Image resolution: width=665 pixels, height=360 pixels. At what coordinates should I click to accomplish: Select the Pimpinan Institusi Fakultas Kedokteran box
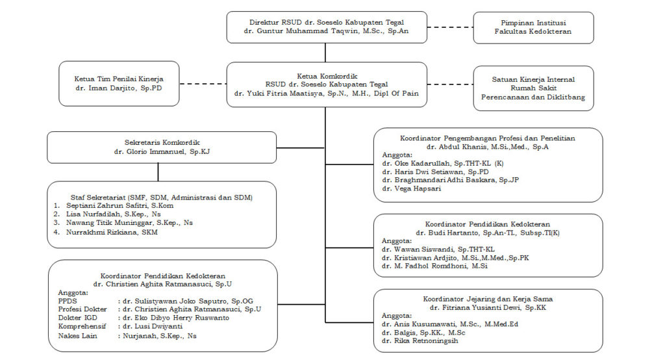pyautogui.click(x=533, y=27)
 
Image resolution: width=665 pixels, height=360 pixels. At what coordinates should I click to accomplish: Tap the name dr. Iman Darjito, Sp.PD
pyautogui.click(x=119, y=88)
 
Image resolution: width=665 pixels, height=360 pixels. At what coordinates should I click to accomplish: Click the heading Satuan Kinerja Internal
pyautogui.click(x=533, y=79)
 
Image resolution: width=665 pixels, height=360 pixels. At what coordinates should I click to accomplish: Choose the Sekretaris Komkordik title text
pyautogui.click(x=162, y=143)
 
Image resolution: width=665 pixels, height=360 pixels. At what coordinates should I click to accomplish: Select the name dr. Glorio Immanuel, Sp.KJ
pyautogui.click(x=162, y=151)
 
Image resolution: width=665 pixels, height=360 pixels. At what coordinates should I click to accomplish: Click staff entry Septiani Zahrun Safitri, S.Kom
pyautogui.click(x=119, y=205)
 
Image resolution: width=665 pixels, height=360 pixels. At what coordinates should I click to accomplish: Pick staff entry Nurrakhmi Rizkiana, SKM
pyautogui.click(x=112, y=232)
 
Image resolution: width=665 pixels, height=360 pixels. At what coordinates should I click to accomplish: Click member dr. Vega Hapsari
pyautogui.click(x=411, y=188)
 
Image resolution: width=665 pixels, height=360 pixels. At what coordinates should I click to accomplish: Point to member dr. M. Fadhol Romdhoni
pyautogui.click(x=434, y=266)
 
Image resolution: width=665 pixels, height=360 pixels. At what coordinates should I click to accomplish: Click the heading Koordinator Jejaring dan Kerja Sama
pyautogui.click(x=488, y=299)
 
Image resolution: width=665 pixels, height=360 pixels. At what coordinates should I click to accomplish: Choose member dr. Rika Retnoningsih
pyautogui.click(x=420, y=341)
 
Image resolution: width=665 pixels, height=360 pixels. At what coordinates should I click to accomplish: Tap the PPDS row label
pyautogui.click(x=68, y=301)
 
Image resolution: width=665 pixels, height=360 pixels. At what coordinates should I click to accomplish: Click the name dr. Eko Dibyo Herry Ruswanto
pyautogui.click(x=176, y=318)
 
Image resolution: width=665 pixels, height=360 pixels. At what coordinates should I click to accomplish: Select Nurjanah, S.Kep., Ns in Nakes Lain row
pyautogui.click(x=160, y=336)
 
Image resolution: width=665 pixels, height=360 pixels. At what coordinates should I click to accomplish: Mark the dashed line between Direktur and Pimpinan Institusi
pyautogui.click(x=450, y=27)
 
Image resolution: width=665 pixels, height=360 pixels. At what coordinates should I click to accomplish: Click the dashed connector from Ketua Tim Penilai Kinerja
pyautogui.click(x=203, y=84)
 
